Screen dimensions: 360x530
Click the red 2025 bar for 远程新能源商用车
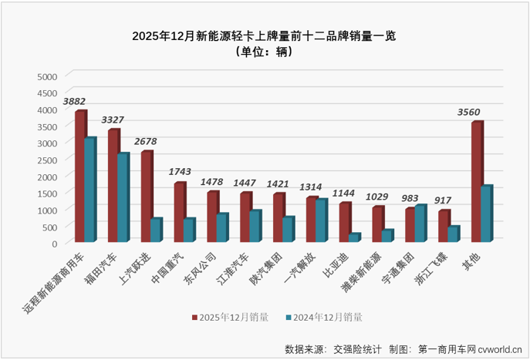click(79, 177)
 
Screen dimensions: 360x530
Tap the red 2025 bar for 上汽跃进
click(146, 197)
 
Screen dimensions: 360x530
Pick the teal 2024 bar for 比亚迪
click(354, 237)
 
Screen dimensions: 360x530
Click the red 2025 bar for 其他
click(477, 182)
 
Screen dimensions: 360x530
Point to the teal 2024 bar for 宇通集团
click(420, 224)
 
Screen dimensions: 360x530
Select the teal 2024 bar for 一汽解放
click(321, 220)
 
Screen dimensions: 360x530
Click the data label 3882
click(74, 101)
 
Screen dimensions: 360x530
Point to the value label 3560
click(468, 112)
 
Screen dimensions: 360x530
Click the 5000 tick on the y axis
click(47, 76)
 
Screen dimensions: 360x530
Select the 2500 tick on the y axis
click(47, 160)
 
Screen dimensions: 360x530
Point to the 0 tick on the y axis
click(54, 243)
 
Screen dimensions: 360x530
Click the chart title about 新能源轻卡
click(264, 35)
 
